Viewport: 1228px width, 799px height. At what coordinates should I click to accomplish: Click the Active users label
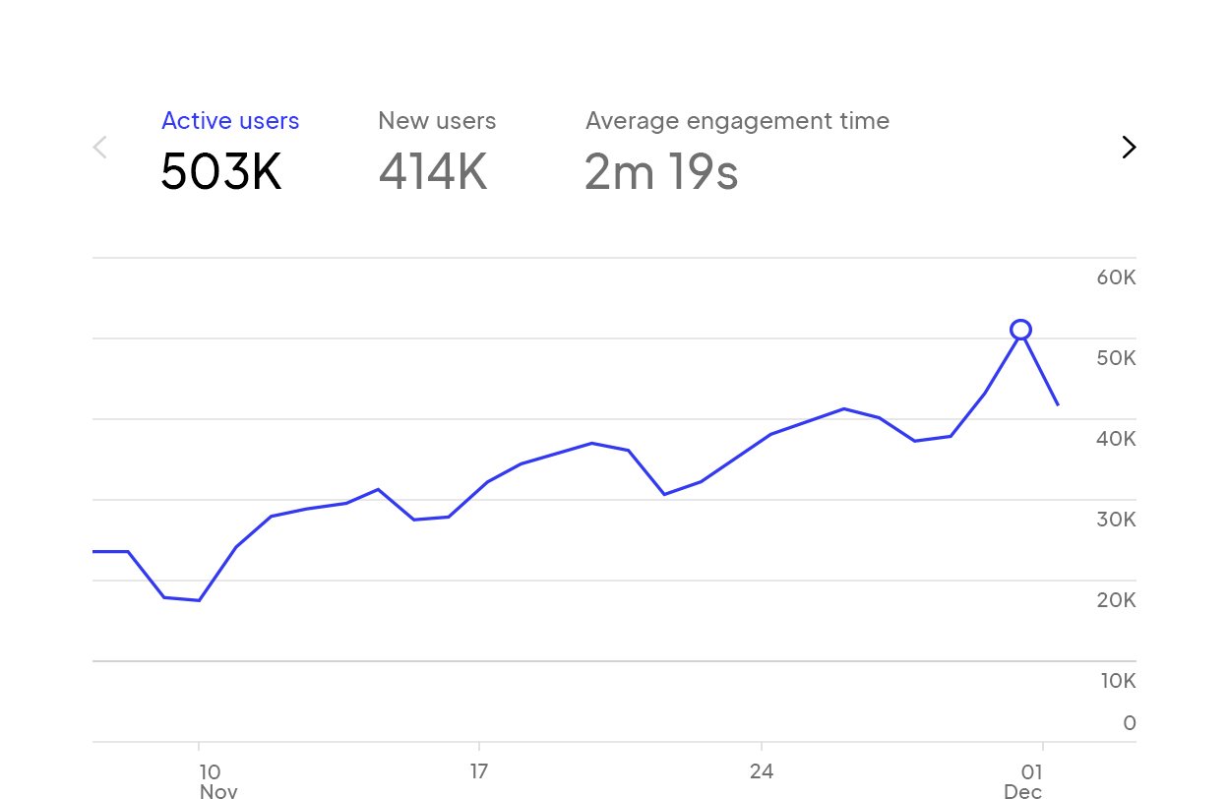coord(230,121)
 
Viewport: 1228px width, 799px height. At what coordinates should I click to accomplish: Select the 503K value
coord(221,172)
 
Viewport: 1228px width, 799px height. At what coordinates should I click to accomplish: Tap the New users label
coord(437,121)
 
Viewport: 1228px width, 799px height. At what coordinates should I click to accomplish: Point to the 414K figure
coord(433,172)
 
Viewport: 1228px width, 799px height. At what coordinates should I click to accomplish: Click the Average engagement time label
coord(737,121)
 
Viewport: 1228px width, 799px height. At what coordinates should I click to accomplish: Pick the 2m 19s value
coord(661,172)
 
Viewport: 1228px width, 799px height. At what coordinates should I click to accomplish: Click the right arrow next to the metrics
coord(1129,148)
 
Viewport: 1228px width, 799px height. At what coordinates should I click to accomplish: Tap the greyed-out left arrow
coord(99,148)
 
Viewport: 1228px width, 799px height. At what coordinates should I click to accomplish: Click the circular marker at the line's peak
coord(1021,330)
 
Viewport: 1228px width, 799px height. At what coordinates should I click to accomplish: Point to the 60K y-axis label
coord(1116,277)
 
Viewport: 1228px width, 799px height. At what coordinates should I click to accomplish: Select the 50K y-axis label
coord(1116,358)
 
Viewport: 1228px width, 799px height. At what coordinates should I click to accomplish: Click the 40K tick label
coord(1116,439)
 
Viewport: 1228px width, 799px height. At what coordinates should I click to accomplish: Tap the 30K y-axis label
coord(1116,520)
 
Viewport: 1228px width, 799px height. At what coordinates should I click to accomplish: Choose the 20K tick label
coord(1116,600)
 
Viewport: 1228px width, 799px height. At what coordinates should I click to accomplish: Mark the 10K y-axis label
coord(1116,681)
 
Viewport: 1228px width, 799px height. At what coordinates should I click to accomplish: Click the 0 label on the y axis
coord(1129,723)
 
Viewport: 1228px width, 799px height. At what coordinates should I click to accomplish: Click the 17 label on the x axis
coord(479,771)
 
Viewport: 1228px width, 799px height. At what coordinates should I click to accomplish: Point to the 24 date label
coord(761,771)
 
